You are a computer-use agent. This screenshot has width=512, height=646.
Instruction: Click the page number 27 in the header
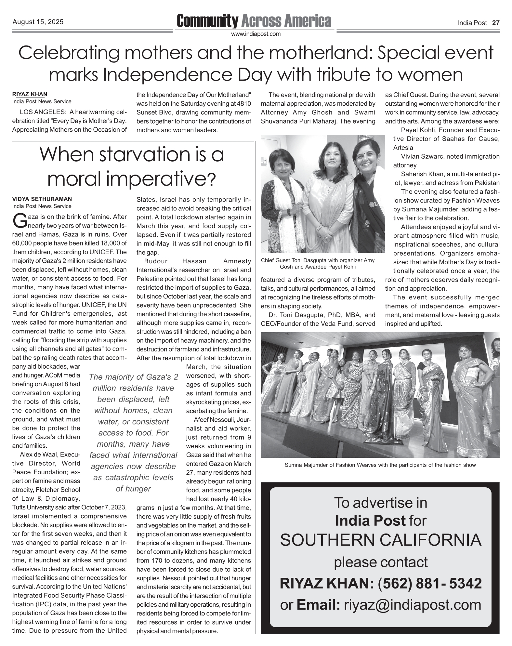click(496, 23)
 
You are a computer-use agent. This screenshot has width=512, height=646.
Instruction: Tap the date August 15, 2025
click(38, 22)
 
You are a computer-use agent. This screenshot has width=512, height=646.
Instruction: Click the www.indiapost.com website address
click(256, 34)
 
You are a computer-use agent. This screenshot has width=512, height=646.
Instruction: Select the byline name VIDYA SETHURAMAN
click(42, 199)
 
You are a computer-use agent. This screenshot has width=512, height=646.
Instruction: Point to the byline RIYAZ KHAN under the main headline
click(30, 94)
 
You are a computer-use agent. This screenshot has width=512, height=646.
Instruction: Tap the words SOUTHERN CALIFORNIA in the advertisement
click(380, 540)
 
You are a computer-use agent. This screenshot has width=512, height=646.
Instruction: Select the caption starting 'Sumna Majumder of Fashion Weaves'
click(380, 465)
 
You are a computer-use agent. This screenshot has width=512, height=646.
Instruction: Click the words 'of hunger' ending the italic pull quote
click(133, 489)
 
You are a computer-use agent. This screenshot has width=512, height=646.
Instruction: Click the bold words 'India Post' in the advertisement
click(370, 521)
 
